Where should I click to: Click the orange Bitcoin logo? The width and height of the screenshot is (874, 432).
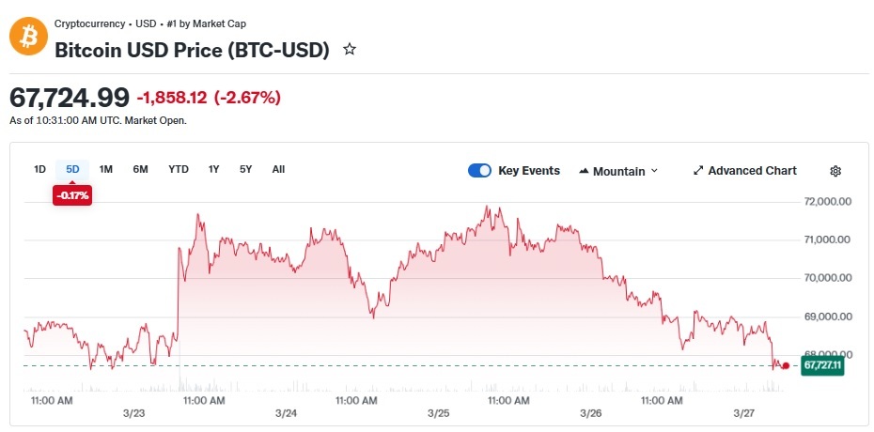(x=28, y=37)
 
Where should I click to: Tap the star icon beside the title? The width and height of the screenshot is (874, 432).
(x=350, y=50)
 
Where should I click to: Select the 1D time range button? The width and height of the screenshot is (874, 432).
(x=39, y=169)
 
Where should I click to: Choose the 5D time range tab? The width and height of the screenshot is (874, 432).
(x=72, y=169)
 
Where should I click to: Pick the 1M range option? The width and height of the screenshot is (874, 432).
(x=106, y=169)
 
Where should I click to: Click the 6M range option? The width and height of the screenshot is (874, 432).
(x=140, y=169)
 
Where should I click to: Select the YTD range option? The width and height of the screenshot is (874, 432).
(x=179, y=169)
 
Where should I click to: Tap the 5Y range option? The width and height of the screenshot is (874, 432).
(x=246, y=169)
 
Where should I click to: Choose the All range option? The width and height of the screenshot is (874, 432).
(x=279, y=169)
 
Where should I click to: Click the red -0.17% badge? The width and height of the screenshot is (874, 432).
(x=72, y=195)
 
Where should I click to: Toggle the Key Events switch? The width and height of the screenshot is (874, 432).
(x=479, y=171)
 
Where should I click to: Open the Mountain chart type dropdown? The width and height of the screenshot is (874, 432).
(x=618, y=172)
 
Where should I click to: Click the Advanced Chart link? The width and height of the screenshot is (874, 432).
(x=745, y=171)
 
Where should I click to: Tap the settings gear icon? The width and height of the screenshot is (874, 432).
(x=835, y=172)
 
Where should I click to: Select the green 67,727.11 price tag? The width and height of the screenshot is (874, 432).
(x=822, y=365)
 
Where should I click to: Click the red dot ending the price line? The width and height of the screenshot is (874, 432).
(x=786, y=365)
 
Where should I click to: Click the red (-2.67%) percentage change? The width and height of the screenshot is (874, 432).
(x=246, y=98)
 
